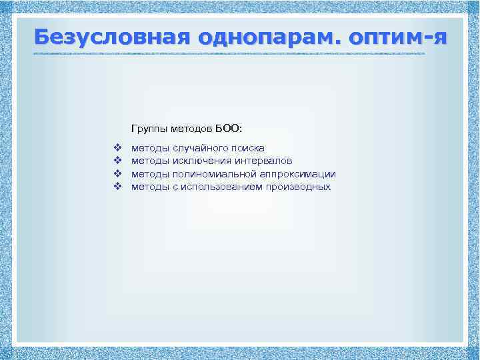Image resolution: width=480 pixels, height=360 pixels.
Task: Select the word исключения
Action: point(202,161)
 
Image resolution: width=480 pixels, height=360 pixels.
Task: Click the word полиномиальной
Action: point(211,174)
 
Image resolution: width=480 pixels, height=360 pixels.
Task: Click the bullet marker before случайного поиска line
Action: point(117,147)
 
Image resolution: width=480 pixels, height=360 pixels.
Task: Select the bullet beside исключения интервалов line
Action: point(117,161)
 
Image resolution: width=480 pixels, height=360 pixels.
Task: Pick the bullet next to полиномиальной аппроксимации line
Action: point(117,174)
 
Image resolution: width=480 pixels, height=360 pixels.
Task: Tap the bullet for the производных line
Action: point(117,187)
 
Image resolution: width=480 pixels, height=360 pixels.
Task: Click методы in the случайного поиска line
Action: point(150,147)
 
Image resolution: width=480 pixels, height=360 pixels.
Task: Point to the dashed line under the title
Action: point(230,53)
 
